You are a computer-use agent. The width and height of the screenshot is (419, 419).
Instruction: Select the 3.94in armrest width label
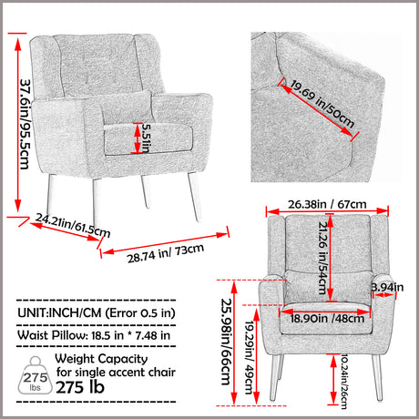pyautogui.click(x=385, y=289)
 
